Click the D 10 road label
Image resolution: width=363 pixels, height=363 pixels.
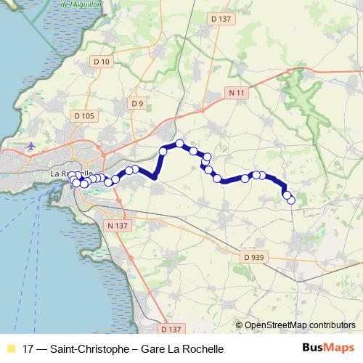coord(102,62)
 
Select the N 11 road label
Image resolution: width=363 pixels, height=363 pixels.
coord(234,93)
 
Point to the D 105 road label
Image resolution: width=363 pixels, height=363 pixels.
coord(84,115)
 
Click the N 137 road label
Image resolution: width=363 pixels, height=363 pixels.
coord(116,226)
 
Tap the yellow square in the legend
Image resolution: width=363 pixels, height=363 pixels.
coord(10,348)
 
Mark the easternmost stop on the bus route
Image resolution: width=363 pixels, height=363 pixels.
coord(291,200)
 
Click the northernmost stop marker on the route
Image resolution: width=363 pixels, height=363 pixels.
coord(179,144)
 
